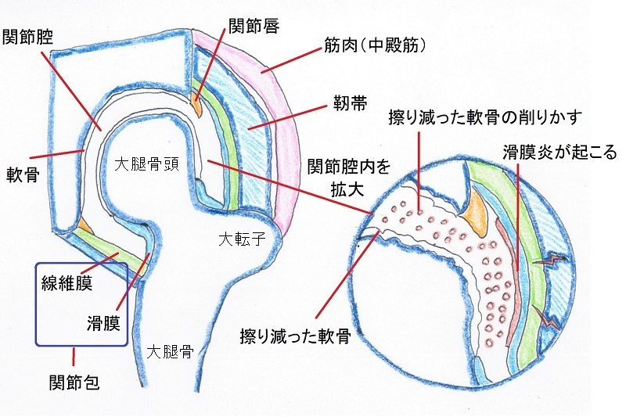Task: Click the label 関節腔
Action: coord(28,38)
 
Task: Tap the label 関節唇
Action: coord(254,25)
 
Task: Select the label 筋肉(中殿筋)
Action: coord(375,45)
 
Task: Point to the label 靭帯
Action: coord(350,103)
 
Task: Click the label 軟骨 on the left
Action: coord(23,174)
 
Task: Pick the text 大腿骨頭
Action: coord(147,164)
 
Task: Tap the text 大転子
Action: coord(243,239)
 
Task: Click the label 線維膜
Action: coord(67,283)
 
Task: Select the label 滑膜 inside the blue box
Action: coord(104,322)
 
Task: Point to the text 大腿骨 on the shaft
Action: coord(170,351)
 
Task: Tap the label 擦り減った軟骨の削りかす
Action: coord(485,117)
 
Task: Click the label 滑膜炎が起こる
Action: coord(559,152)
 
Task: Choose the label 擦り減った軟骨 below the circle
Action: coord(296,336)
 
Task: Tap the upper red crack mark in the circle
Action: coord(551,261)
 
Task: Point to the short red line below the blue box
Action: coord(74,357)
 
